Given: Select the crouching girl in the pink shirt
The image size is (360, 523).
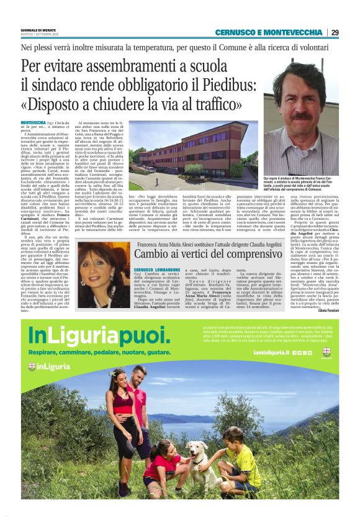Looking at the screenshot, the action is point(163,465).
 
